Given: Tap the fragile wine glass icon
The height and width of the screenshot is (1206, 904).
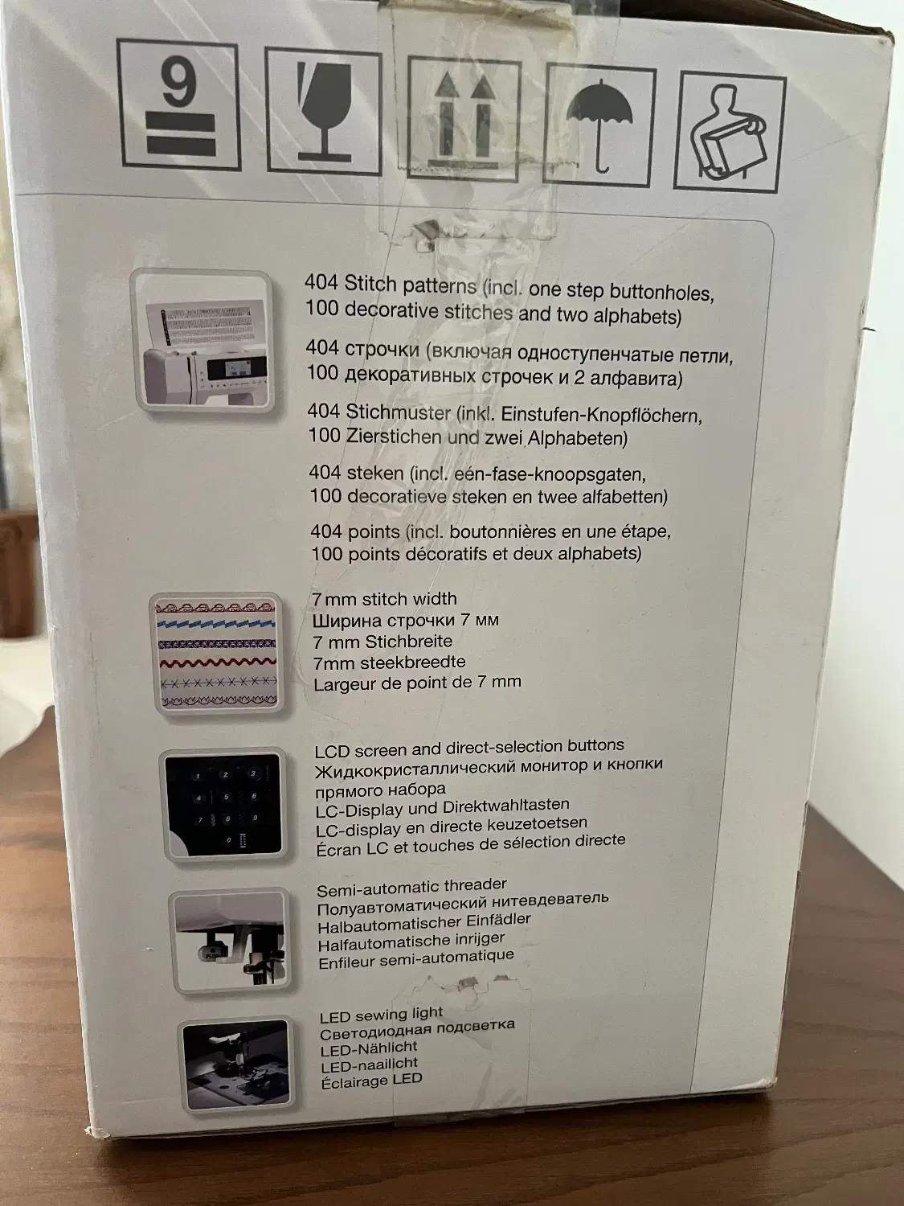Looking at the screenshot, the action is pos(323,110).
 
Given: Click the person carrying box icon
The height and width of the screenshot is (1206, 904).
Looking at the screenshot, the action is pos(730,133).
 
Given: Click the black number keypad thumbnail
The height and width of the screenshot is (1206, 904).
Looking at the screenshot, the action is pos(223,805).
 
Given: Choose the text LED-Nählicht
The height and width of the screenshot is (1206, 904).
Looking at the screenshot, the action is pos(369,1048).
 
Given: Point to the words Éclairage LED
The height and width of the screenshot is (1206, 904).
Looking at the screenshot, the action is pos(371,1081).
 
